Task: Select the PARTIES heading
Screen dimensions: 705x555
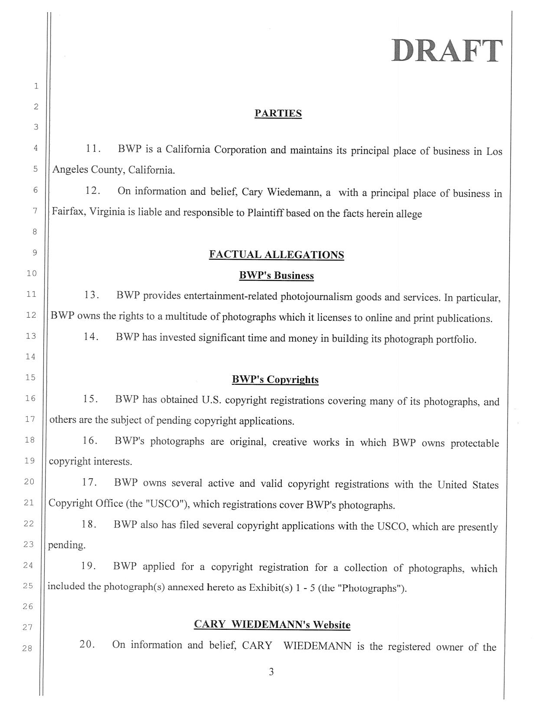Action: [x=278, y=113]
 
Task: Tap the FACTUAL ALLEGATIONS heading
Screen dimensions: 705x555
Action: [x=277, y=254]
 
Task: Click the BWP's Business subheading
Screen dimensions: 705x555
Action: [x=277, y=276]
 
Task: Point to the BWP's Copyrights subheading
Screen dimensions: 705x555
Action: [x=275, y=380]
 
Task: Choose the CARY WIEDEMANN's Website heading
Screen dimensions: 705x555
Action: [x=272, y=625]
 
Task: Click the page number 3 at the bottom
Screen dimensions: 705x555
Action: [x=271, y=672]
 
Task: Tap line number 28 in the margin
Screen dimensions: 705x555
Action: [x=27, y=648]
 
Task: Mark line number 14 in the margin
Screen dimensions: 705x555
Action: [x=31, y=357]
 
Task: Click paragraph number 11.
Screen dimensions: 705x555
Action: [x=93, y=149]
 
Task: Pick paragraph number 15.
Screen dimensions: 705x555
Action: [x=90, y=399]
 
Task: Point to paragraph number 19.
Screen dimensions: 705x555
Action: [x=89, y=566]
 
